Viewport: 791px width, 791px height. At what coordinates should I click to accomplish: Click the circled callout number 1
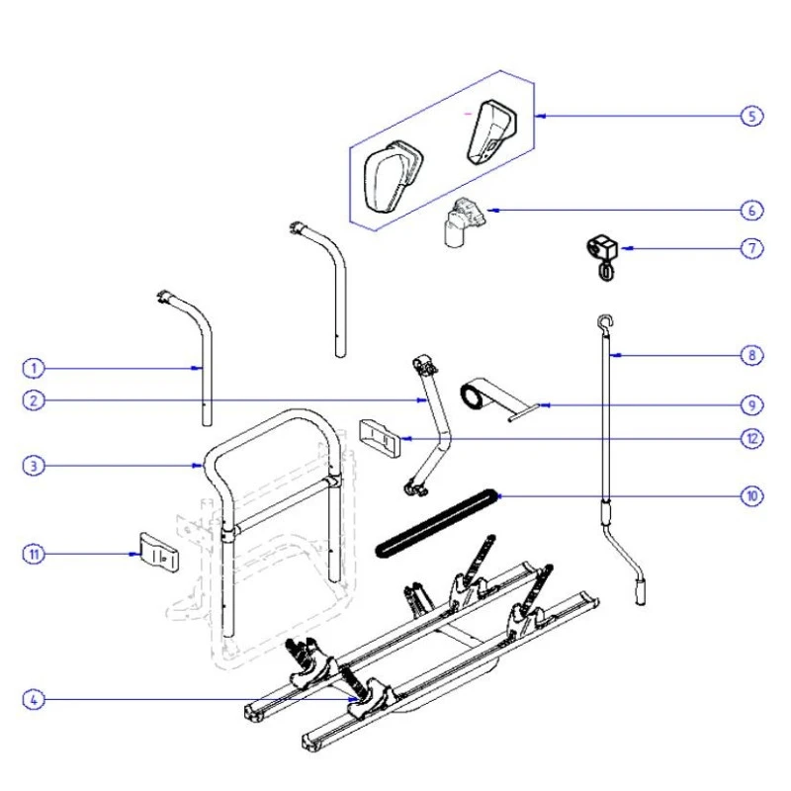coord(33,368)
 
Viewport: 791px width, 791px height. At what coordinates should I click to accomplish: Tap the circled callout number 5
coord(753,116)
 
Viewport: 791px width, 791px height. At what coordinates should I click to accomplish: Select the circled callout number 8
coord(753,353)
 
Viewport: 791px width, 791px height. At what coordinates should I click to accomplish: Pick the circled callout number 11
coord(33,555)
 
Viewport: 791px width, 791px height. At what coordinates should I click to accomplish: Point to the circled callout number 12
coord(753,438)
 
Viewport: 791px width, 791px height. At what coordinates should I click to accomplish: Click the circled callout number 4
coord(33,700)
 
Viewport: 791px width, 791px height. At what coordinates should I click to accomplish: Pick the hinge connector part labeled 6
coord(462,221)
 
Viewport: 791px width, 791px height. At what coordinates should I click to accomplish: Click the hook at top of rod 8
coord(602,317)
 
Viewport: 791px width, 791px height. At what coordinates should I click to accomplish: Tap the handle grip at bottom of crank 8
coord(641,592)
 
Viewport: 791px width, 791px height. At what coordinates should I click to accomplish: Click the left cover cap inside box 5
coord(393,176)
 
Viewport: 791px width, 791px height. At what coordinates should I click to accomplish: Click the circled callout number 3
coord(33,465)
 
